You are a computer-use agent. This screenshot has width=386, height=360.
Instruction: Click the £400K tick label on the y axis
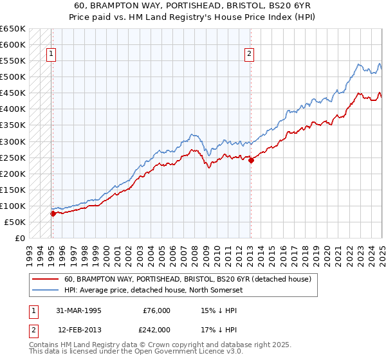tap(13, 109)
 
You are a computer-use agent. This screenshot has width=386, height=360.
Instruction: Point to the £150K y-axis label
tap(13, 190)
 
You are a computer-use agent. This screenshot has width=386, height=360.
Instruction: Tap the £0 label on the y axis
tap(19, 238)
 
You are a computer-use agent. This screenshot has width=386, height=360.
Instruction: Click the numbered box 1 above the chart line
tap(50, 55)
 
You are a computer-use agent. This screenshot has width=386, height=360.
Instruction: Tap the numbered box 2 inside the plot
tap(248, 55)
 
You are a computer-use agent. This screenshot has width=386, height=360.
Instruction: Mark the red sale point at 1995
tap(53, 213)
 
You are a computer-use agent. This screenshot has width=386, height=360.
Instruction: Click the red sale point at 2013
tap(251, 160)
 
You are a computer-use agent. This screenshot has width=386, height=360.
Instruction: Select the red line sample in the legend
tap(44, 279)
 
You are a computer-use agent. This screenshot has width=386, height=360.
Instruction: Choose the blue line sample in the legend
tap(44, 290)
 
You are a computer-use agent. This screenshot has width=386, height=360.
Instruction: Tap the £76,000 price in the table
tap(156, 310)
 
